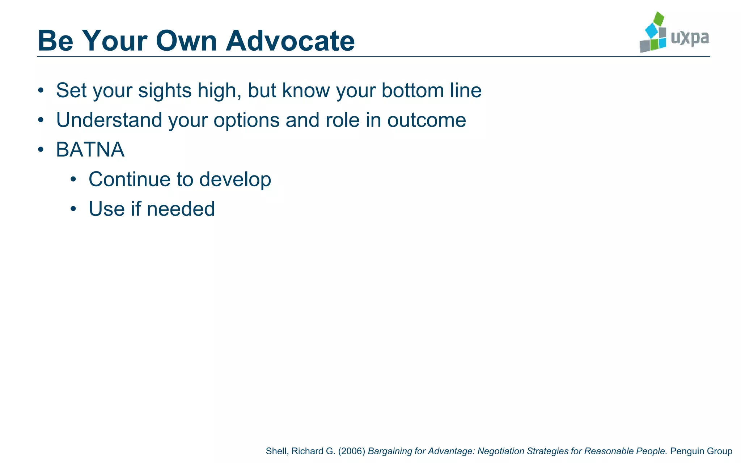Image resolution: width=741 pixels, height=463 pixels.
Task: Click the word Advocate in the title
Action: click(x=290, y=41)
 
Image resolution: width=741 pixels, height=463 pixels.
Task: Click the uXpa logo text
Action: click(x=690, y=38)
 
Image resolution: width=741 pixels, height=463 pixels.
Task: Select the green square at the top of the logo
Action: click(x=659, y=18)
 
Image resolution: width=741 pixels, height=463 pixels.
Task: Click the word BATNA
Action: click(x=90, y=149)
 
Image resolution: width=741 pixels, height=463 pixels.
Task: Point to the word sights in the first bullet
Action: click(x=165, y=90)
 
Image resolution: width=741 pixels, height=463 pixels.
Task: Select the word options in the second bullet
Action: click(x=246, y=120)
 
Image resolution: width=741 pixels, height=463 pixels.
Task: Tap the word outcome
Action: click(x=427, y=120)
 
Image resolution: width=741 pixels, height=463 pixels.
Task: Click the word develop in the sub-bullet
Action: click(x=235, y=179)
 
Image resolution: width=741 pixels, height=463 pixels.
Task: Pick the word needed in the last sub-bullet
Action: click(x=181, y=209)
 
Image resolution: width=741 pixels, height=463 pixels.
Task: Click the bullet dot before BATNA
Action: click(x=41, y=149)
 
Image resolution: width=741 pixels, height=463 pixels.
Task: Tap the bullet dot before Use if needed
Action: click(x=73, y=209)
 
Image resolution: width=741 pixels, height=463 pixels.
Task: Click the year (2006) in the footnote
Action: click(x=352, y=451)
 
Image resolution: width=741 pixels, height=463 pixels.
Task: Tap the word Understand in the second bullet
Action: click(x=109, y=120)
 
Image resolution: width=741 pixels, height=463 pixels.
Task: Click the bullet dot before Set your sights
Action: click(x=41, y=90)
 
